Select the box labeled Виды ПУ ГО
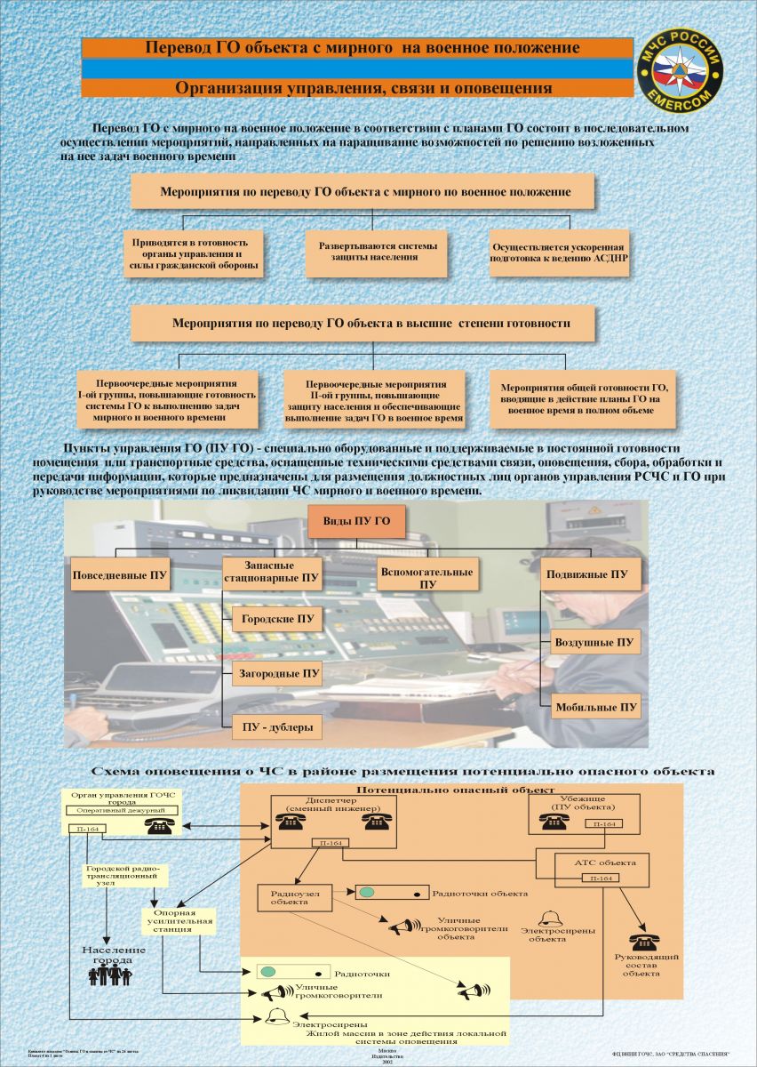pos(355,522)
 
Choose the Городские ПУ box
pos(277,619)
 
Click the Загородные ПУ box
pos(276,674)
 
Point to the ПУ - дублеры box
pos(277,727)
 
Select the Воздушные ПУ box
pos(594,642)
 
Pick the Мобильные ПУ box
pos(595,708)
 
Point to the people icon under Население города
pos(109,975)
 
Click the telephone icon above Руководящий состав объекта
pos(643,942)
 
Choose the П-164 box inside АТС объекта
pos(602,878)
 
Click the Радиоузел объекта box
pos(289,896)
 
